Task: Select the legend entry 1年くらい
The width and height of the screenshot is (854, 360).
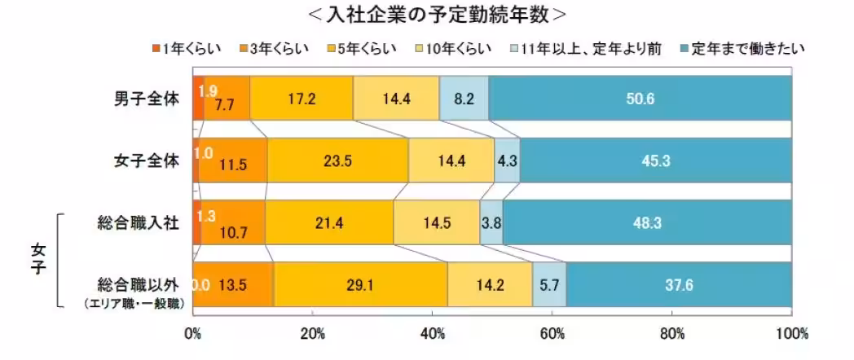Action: (187, 50)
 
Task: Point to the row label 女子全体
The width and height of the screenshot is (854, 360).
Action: (146, 160)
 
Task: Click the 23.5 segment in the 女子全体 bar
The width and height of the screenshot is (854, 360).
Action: (337, 160)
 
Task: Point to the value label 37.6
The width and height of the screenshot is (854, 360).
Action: (678, 285)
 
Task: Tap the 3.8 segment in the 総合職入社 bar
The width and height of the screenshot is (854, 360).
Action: (491, 222)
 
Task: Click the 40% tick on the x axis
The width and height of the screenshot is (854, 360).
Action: (433, 334)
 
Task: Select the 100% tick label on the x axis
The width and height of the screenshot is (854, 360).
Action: (791, 334)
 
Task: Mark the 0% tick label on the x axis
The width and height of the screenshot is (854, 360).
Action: (193, 334)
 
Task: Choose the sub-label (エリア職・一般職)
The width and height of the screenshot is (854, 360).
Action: (137, 303)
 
